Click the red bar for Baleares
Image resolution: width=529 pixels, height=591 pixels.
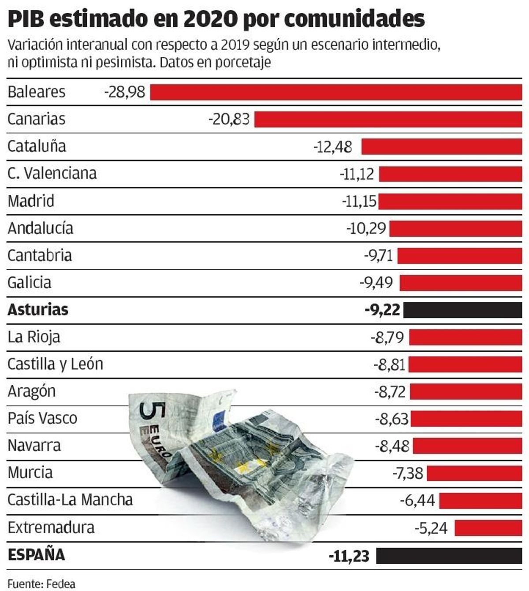[336, 93]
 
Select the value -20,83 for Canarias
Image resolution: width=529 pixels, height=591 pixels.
[229, 119]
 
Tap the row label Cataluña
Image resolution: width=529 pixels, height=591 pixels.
[37, 146]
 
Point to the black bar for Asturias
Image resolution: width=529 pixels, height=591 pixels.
[463, 310]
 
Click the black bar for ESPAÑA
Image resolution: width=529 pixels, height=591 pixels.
[449, 555]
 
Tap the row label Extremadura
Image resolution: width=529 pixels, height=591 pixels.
[51, 528]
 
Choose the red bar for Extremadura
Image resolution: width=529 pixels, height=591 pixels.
[488, 528]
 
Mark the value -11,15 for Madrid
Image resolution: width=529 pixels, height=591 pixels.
[359, 201]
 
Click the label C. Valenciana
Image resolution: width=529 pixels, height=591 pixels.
[52, 174]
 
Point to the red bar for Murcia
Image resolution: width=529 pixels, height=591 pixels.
[474, 473]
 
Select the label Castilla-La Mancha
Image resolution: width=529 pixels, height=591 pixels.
[70, 500]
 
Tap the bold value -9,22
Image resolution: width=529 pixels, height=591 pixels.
[382, 310]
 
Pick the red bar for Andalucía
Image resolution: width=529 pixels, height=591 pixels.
[455, 229]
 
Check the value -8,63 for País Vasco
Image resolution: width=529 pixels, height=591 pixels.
[391, 419]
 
